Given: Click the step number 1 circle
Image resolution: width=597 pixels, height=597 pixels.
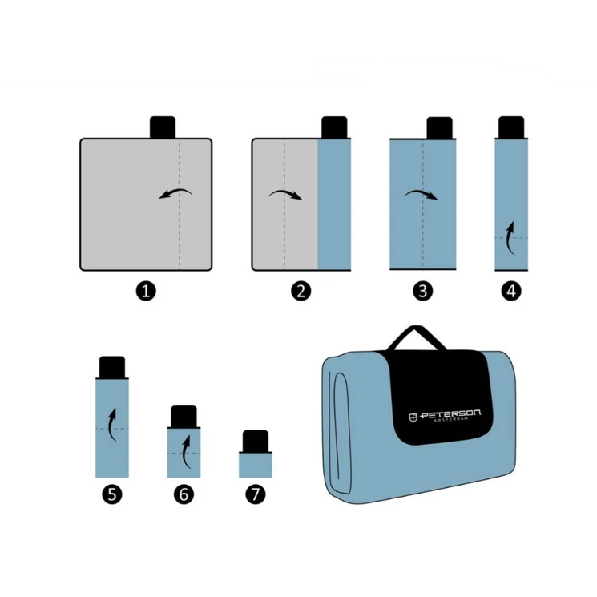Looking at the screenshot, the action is point(146,291).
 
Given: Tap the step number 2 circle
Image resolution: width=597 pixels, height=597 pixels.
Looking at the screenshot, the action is point(301,291).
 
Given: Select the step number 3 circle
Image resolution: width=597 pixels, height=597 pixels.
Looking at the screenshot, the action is point(423,291).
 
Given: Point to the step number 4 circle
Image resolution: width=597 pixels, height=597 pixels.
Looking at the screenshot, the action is point(511,291).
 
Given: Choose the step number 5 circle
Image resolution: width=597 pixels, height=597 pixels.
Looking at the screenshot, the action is point(112,494).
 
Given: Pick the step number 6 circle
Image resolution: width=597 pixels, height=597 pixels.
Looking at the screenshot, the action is point(184,494).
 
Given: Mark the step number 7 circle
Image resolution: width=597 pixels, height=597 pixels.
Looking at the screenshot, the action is point(256,494).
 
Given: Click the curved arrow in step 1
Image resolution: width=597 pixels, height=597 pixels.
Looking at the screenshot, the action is point(176,192).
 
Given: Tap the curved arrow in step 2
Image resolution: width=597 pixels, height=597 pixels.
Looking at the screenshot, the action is point(285,192).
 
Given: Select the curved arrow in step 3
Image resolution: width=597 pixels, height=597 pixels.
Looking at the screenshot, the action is point(421,192).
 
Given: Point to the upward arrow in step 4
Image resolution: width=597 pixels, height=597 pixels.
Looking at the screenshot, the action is point(510,238).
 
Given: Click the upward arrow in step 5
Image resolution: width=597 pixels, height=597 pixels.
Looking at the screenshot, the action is point(111,425).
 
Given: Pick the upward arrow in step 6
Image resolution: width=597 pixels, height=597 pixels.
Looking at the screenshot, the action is point(184,452).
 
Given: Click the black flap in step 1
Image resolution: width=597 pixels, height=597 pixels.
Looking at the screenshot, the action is point(163,127).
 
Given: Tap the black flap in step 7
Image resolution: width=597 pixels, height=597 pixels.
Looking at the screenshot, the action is point(256,442).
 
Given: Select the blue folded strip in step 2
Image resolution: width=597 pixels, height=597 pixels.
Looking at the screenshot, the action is point(334,204).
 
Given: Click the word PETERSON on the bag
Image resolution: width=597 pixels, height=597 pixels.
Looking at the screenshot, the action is point(451,414).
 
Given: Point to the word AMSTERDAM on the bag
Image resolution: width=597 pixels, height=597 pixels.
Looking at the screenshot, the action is point(451,420).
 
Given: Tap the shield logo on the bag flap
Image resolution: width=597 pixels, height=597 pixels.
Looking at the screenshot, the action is point(413,417).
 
